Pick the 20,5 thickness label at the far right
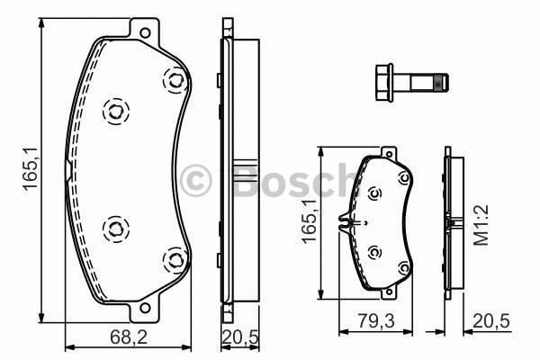pyautogui.click(x=482, y=319)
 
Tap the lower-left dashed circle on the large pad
pyautogui.click(x=115, y=229)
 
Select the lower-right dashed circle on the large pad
pyautogui.click(x=171, y=261)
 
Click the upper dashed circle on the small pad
pyautogui.click(x=376, y=193)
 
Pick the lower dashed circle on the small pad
pyautogui.click(x=375, y=252)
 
